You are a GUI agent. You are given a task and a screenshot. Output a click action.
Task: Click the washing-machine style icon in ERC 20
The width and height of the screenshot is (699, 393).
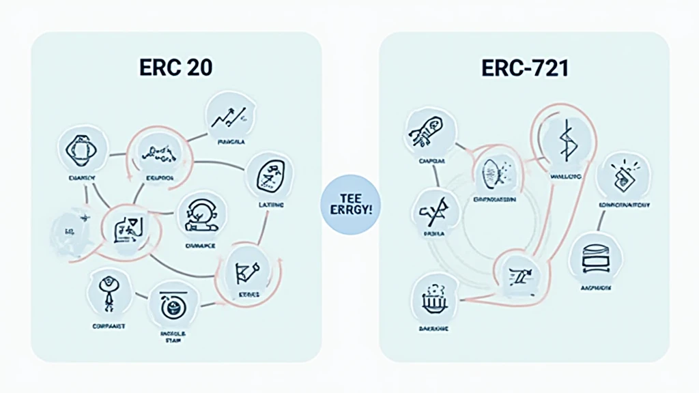(169, 304)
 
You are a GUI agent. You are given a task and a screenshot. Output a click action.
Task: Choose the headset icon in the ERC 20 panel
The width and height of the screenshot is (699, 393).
(197, 213)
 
